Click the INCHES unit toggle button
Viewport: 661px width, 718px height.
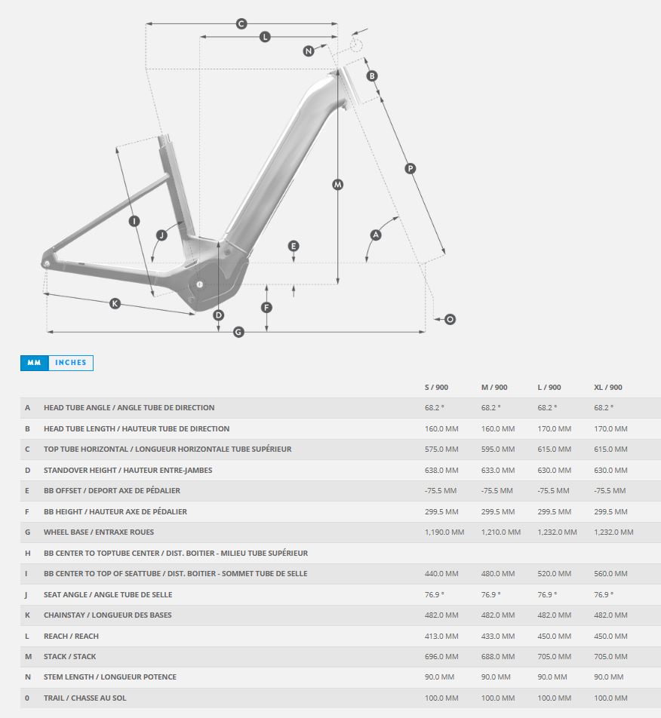(70, 363)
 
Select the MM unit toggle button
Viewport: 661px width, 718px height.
(35, 363)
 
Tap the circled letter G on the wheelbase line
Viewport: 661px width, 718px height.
(238, 332)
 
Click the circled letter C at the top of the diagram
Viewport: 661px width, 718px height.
(241, 24)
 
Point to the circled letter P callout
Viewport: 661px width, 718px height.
(410, 168)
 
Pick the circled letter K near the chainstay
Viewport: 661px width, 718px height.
(115, 303)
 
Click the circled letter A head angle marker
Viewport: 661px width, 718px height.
(376, 235)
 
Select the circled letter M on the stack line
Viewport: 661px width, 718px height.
(337, 185)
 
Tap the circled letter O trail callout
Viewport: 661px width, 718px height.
(450, 319)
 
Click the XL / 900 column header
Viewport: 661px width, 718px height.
(608, 388)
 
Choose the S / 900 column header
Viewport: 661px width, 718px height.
(437, 388)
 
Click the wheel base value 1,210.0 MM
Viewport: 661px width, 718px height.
(501, 532)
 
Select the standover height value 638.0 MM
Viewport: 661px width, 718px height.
(441, 470)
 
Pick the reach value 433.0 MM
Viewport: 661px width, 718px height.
(498, 636)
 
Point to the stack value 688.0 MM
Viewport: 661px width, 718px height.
(498, 656)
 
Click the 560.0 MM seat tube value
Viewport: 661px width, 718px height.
(610, 573)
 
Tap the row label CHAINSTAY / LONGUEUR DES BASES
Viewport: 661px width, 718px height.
(108, 615)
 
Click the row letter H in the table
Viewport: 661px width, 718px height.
(27, 553)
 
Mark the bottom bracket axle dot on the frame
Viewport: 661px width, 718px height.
(200, 284)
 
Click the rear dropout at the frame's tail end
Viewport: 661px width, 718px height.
(46, 263)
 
